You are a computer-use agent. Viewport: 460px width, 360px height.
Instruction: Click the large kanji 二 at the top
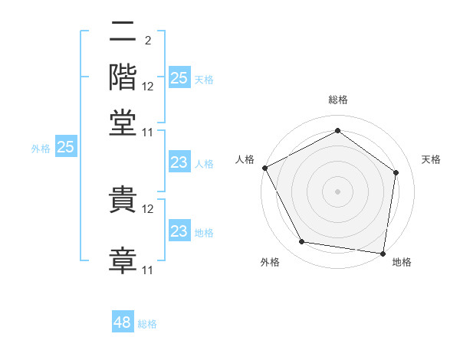[x=123, y=31]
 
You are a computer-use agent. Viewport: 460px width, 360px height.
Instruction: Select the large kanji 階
[x=123, y=77]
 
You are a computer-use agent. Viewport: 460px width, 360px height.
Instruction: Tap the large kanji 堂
[x=123, y=123]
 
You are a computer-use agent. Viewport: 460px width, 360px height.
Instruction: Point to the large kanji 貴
[x=123, y=199]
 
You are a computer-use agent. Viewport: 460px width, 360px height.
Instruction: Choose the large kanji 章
[x=123, y=260]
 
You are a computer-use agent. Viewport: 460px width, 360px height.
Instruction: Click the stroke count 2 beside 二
[x=148, y=41]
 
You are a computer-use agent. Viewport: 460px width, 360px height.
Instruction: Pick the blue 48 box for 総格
[x=123, y=321]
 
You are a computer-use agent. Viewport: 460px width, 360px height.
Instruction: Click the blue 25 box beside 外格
[x=66, y=146]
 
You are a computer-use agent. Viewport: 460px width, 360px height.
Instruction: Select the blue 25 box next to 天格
[x=179, y=77]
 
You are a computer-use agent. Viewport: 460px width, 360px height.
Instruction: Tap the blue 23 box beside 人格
[x=179, y=162]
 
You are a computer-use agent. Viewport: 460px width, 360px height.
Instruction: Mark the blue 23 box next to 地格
[x=179, y=230]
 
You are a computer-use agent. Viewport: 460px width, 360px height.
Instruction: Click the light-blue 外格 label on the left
[x=41, y=149]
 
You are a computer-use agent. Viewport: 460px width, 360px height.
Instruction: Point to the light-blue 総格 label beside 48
[x=147, y=324]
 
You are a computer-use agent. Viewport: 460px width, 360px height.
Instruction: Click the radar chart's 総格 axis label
[x=338, y=100]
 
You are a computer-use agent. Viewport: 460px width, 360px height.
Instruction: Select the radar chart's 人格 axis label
[x=245, y=159]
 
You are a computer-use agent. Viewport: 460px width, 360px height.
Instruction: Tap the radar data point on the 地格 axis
[x=383, y=254]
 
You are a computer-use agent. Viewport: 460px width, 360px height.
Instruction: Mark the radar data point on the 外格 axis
[x=301, y=241]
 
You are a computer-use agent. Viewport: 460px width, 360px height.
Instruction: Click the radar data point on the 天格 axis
[x=396, y=172]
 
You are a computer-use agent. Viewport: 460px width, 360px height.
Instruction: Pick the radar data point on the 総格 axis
[x=337, y=130]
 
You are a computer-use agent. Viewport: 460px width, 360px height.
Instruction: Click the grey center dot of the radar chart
[x=337, y=191]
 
